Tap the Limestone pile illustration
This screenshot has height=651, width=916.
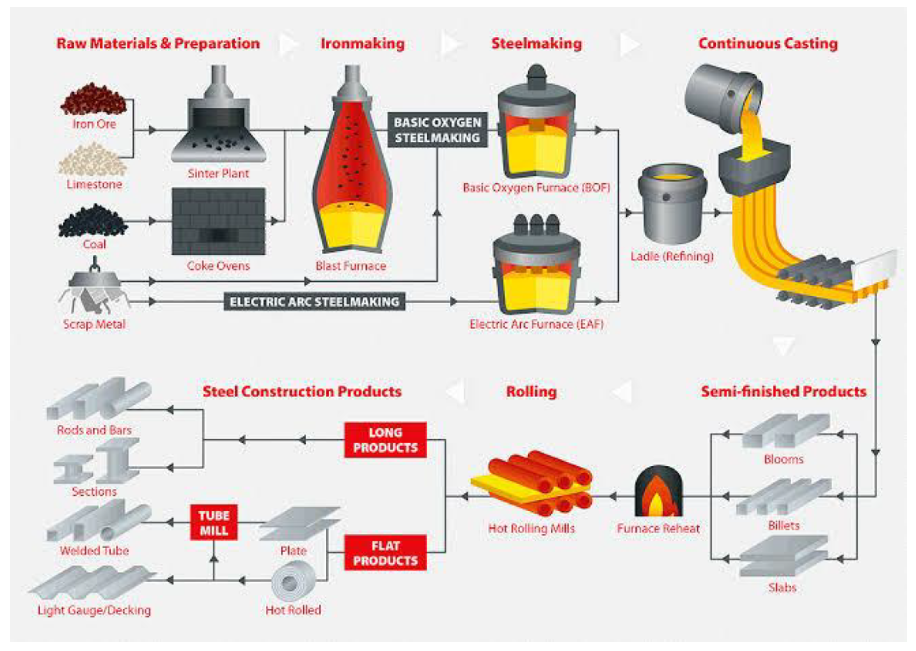[93, 160]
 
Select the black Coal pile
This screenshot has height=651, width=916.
[93, 221]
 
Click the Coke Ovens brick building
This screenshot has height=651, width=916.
[218, 221]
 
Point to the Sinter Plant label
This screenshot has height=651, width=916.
[218, 174]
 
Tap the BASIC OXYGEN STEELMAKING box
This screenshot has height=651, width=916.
[437, 130]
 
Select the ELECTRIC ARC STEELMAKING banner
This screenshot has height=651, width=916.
[315, 301]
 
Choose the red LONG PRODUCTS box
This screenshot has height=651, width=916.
[385, 440]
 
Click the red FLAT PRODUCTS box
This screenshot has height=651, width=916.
[385, 553]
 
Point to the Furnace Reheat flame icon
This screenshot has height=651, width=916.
[658, 492]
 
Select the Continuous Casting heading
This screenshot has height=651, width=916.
[768, 43]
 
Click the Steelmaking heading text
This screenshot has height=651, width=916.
[537, 43]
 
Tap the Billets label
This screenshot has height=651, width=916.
[784, 525]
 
